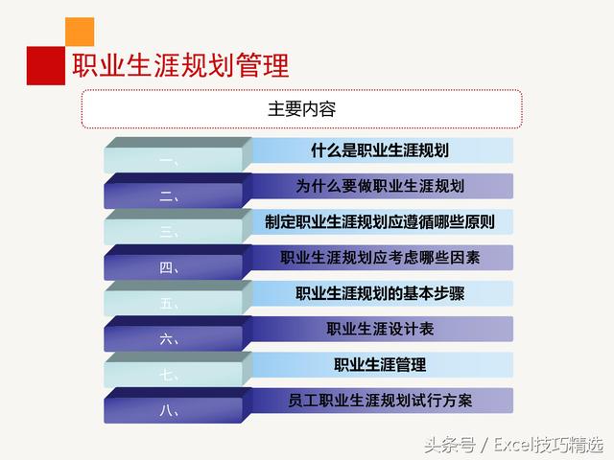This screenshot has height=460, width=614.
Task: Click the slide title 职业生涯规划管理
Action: point(181,65)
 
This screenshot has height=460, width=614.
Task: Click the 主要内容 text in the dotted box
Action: point(301,108)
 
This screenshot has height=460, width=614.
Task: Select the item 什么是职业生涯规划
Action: point(380,150)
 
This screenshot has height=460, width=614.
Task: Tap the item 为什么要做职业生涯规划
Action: point(380,186)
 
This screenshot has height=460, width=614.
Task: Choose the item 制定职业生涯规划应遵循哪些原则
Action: point(380,221)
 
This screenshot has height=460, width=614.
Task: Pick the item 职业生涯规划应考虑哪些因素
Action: point(380,257)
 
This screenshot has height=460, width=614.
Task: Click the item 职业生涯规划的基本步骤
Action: point(380,293)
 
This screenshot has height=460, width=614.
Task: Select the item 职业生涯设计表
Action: point(380,329)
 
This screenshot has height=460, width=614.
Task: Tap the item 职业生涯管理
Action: point(380,364)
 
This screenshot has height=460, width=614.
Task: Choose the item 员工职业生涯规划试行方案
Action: point(380,400)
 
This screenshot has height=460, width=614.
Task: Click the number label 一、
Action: point(170,162)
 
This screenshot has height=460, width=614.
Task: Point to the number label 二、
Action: point(170,197)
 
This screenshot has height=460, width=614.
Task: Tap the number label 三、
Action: point(170,233)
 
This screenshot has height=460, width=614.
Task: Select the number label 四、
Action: point(170,268)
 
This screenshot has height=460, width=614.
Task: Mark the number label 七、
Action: point(170,376)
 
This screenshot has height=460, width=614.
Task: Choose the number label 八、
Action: point(170,411)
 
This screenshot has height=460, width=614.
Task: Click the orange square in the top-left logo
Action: point(80,32)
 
